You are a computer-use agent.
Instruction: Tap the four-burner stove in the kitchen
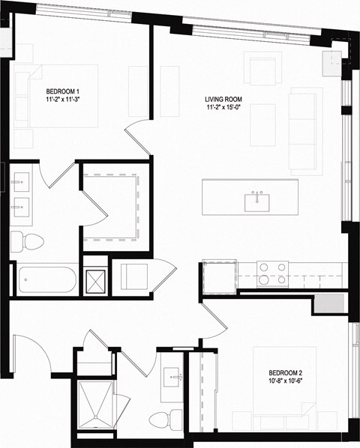tap(273, 273)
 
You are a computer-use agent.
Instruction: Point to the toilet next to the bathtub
tap(26, 241)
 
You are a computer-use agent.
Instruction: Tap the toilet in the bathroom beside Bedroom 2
tap(160, 418)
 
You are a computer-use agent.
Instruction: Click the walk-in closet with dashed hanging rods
tap(113, 207)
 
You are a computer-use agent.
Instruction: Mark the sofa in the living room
tap(305, 131)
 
